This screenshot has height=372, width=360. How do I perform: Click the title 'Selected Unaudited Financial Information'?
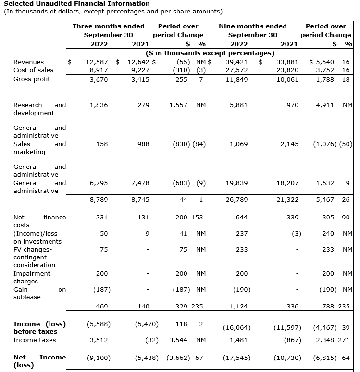click(x=76, y=3)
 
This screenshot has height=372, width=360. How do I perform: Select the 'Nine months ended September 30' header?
click(x=252, y=30)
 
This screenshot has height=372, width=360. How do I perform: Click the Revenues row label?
click(x=28, y=62)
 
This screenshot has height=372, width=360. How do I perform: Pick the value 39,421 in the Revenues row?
click(x=237, y=62)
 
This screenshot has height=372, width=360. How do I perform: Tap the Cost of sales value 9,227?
click(x=140, y=70)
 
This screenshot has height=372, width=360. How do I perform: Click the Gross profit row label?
click(x=32, y=79)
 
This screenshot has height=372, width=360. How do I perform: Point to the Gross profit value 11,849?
click(x=237, y=79)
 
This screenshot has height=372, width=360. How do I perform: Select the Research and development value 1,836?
click(x=99, y=105)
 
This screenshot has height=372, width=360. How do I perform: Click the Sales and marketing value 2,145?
click(x=289, y=144)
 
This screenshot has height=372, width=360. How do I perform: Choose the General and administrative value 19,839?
click(x=237, y=183)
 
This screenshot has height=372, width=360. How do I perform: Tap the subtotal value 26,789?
click(x=237, y=199)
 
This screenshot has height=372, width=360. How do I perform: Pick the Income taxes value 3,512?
click(x=99, y=340)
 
